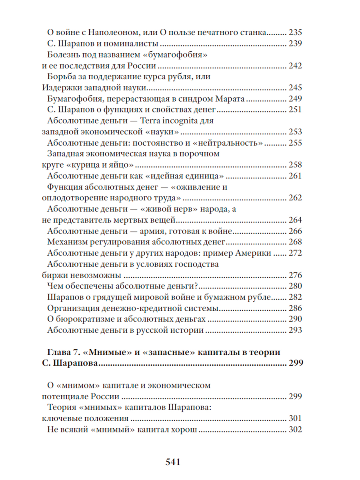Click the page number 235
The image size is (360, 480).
click(x=295, y=33)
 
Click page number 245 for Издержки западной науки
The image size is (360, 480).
click(x=295, y=88)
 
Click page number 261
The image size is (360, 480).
click(x=295, y=176)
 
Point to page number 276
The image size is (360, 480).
click(x=295, y=275)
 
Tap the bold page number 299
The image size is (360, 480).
click(x=295, y=363)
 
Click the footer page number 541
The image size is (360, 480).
click(x=173, y=462)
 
